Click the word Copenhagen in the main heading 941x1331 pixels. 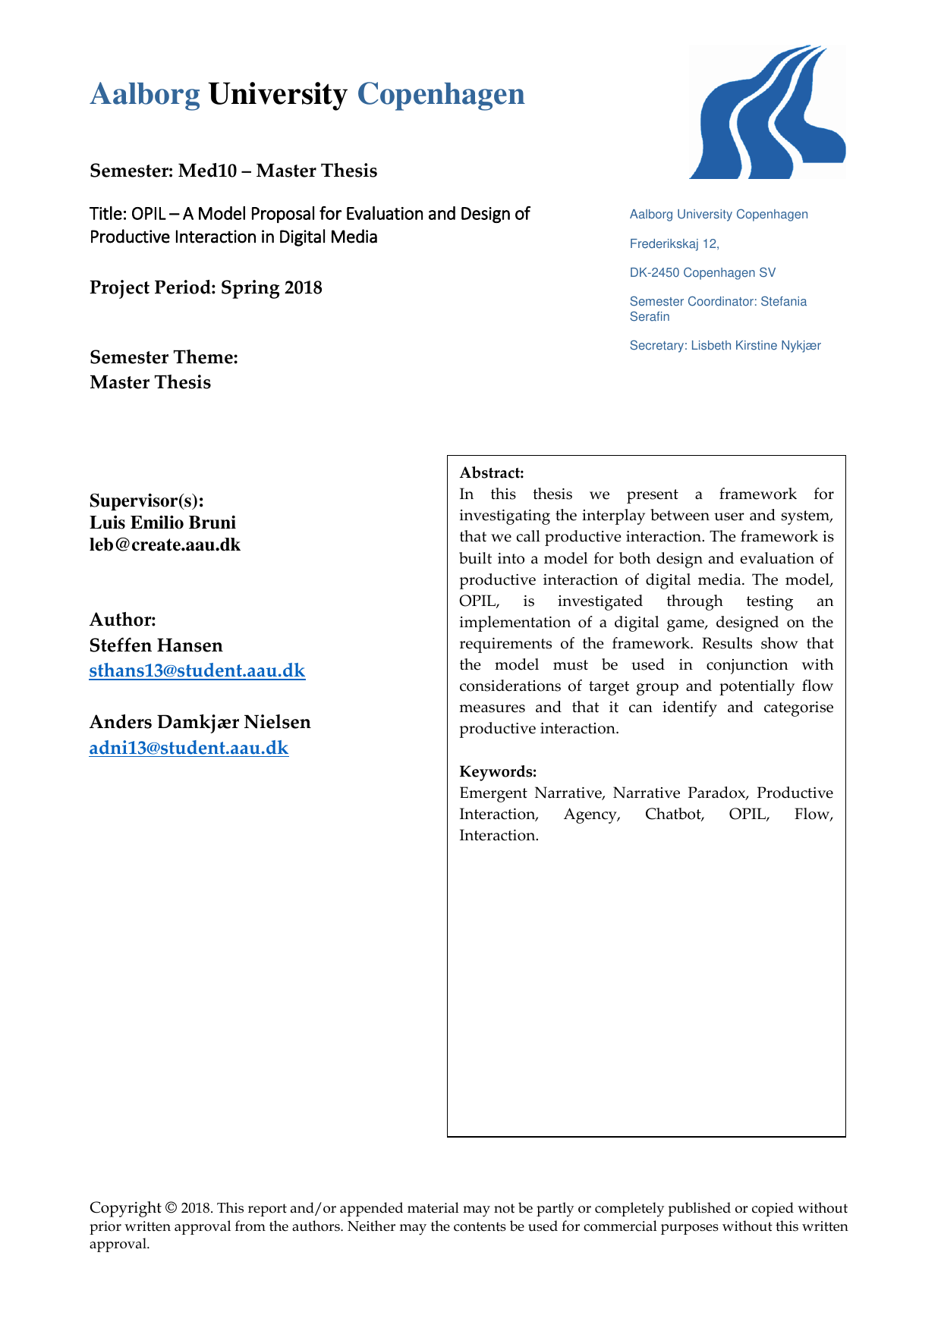pos(441,94)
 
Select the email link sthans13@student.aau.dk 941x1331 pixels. pos(197,670)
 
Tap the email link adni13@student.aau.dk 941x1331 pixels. pos(189,748)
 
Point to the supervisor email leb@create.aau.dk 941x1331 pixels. pos(165,545)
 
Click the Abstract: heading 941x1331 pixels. pos(492,473)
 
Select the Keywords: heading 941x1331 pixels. pos(498,772)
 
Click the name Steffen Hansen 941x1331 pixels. pos(156,645)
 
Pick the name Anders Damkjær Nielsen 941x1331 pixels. pos(200,722)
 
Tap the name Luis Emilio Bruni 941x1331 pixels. pos(162,523)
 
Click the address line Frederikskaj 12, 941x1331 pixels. pos(674,243)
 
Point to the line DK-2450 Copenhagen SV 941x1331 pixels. pos(702,272)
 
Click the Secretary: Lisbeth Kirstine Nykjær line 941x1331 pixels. pos(725,345)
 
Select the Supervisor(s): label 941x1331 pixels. pos(146,501)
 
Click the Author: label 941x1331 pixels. pos(123,620)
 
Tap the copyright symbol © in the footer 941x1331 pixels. pos(171,1208)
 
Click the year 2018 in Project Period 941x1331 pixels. pos(304,288)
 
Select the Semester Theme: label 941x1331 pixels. pos(164,357)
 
